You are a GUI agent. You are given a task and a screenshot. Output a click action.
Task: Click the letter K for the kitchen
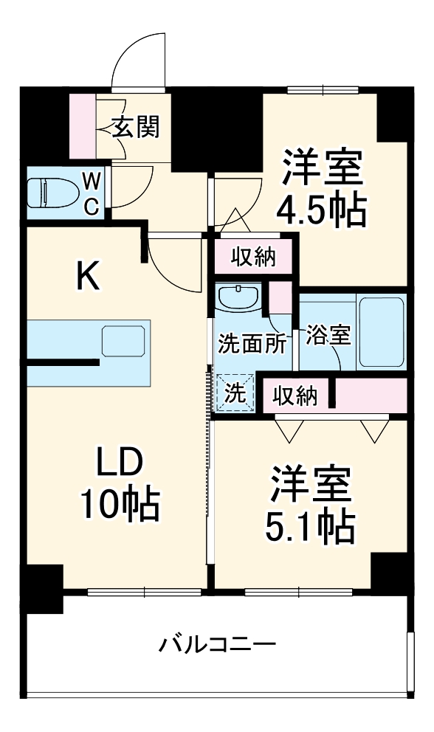pyautogui.click(x=89, y=277)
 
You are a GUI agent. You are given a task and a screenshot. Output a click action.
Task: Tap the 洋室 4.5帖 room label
pyautogui.click(x=321, y=188)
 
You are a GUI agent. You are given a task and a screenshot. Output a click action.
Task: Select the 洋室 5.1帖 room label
pyautogui.click(x=310, y=503)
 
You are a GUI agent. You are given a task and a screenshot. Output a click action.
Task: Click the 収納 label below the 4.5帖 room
pyautogui.click(x=253, y=257)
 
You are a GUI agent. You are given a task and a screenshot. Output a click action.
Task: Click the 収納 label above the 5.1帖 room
pyautogui.click(x=295, y=396)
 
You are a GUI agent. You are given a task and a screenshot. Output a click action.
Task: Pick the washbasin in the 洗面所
pyautogui.click(x=238, y=297)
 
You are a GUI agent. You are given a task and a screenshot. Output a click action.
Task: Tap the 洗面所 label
pyautogui.click(x=251, y=344)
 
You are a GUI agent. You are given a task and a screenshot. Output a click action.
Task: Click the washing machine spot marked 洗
pyautogui.click(x=235, y=393)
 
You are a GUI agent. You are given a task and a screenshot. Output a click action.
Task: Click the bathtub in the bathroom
pyautogui.click(x=382, y=331)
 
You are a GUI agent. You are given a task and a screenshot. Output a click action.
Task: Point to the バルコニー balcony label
pyautogui.click(x=218, y=646)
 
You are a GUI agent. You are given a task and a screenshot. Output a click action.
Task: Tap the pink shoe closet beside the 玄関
pyautogui.click(x=82, y=125)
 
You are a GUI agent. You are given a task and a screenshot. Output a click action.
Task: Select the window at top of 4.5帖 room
pyautogui.click(x=322, y=89)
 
